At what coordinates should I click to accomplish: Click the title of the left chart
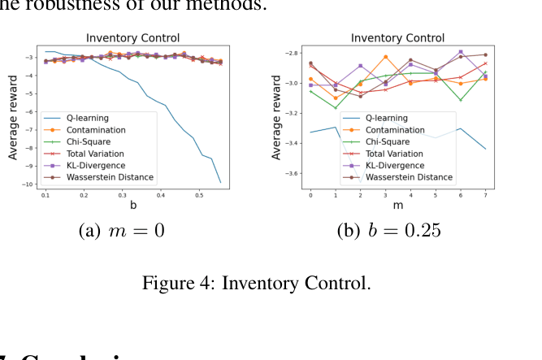click(x=133, y=38)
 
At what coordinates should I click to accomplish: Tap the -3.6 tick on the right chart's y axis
click(x=288, y=173)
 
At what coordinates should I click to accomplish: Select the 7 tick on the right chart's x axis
click(x=486, y=196)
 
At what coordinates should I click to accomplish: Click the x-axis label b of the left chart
click(x=133, y=206)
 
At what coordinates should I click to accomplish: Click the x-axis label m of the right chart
click(x=398, y=206)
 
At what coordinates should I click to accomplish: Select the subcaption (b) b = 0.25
click(x=389, y=231)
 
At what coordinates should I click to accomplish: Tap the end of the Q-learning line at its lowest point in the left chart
click(x=220, y=182)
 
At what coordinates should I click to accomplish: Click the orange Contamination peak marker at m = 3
click(x=385, y=57)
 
